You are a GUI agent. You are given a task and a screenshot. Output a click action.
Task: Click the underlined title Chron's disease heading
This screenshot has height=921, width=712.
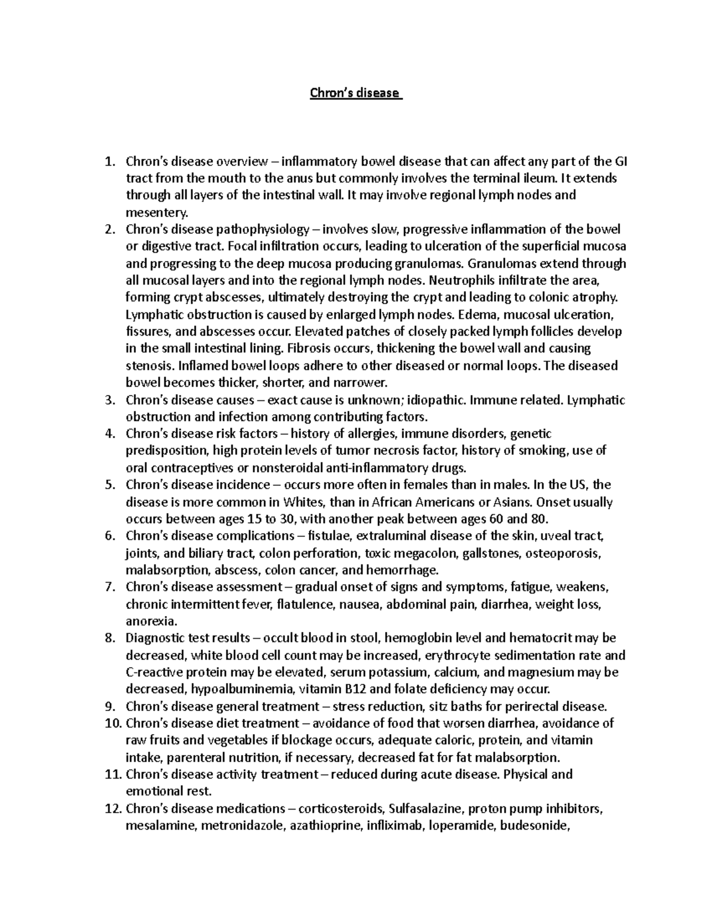coord(356,93)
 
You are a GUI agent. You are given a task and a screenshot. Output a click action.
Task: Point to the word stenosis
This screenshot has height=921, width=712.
coord(148,366)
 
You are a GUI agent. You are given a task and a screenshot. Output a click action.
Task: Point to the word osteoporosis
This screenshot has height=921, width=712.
coord(566,554)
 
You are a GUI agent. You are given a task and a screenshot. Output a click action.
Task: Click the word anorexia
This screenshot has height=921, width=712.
coord(151,622)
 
